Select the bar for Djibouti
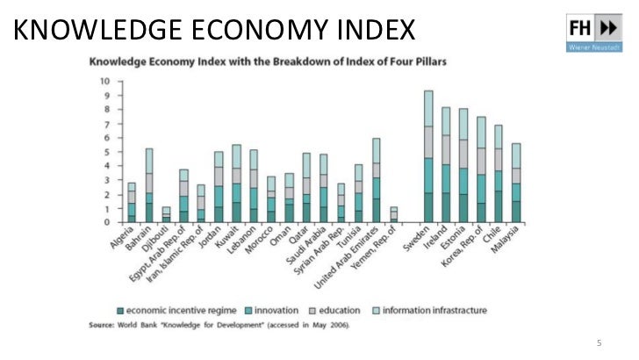point(166,214)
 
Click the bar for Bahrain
point(148,185)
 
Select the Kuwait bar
point(236,184)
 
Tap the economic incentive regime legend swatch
point(120,310)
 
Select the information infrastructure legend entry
point(434,310)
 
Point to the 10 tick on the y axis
point(105,82)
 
